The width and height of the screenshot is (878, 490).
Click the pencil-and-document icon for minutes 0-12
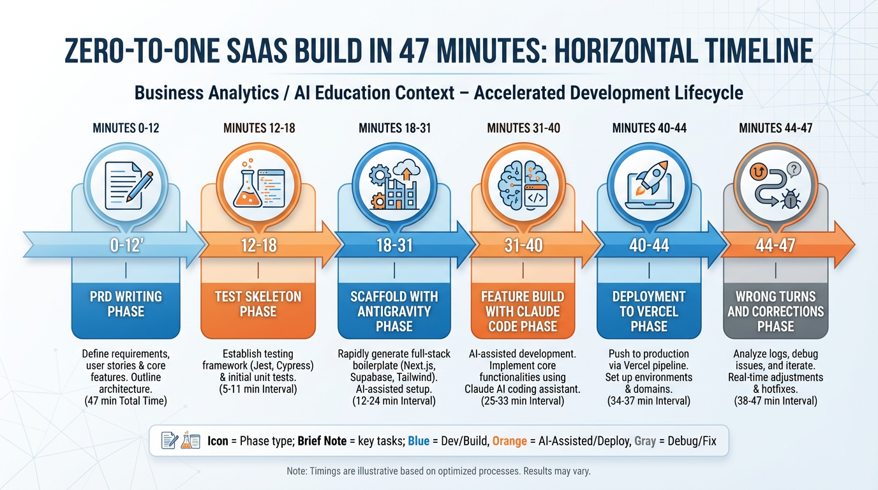point(126,180)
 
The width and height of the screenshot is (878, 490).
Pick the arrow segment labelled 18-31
point(394,245)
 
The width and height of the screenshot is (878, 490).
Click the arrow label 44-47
point(775,245)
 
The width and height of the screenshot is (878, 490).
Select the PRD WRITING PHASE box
point(126,304)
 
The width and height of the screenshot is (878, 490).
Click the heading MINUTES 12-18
point(259,128)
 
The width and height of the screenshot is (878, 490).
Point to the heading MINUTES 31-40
point(523,128)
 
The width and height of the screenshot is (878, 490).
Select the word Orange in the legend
point(509,441)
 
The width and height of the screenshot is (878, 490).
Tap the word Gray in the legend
point(644,441)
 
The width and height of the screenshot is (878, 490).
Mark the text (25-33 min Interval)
point(523,401)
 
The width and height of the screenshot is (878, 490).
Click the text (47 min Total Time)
point(126,401)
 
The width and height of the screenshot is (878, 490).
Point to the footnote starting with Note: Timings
point(438,471)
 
